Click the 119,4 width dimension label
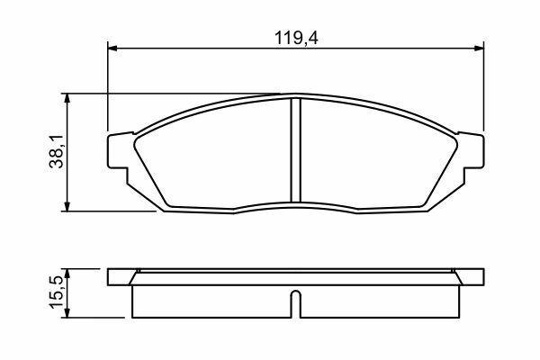296,38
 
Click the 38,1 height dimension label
57,151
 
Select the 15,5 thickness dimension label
57,292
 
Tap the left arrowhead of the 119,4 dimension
112,49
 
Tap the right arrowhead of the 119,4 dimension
479,49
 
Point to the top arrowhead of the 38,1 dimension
67,98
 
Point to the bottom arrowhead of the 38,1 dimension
67,206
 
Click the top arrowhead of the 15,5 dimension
67,274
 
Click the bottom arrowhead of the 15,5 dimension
67,313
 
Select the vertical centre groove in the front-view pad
295,150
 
